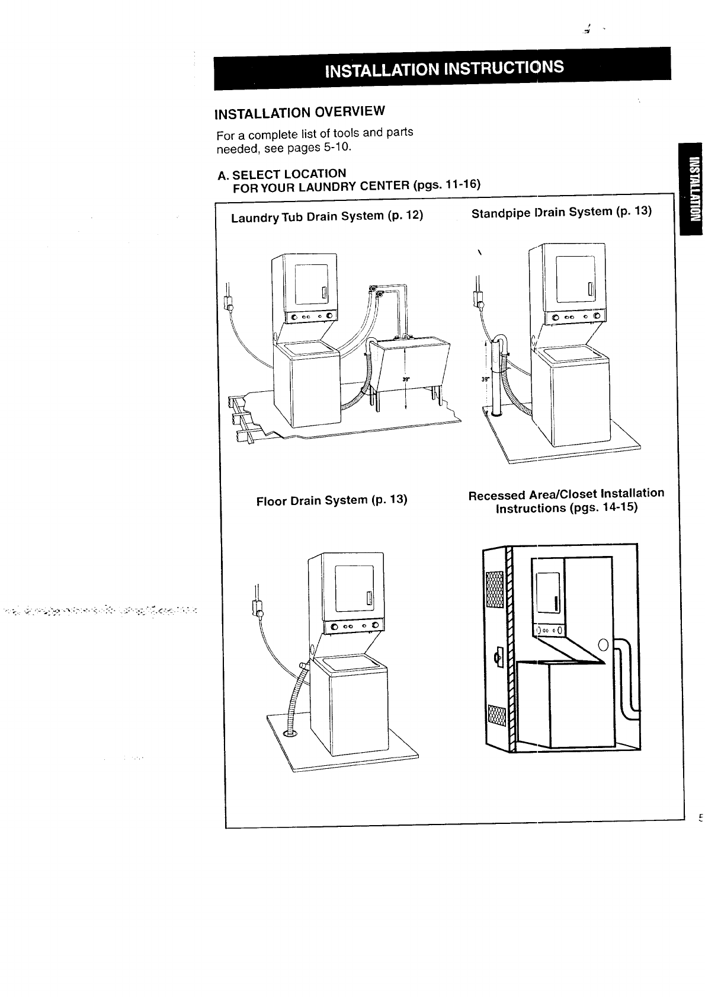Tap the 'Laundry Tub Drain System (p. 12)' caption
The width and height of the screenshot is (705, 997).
(x=327, y=216)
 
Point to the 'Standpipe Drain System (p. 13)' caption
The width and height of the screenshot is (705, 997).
(x=561, y=212)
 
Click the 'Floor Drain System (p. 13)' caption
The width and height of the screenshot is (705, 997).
(x=332, y=500)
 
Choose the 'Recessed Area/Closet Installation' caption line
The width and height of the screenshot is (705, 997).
(x=566, y=494)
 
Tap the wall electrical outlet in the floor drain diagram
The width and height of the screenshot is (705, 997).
(x=258, y=607)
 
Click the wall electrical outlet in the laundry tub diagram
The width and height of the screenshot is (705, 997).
(x=227, y=302)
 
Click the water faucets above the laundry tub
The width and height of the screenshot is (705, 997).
(x=375, y=290)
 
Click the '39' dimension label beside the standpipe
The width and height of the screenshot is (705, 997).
(x=483, y=379)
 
